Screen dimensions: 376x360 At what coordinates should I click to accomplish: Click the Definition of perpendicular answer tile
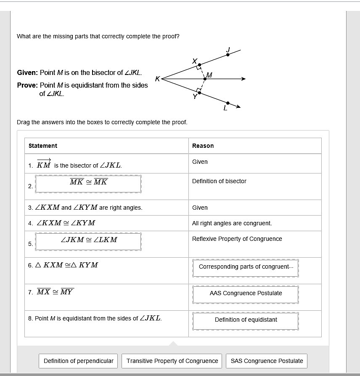pos(79,361)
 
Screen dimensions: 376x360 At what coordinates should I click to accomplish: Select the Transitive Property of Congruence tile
pos(172,361)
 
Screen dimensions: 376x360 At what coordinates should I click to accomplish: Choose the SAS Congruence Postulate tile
pos(267,361)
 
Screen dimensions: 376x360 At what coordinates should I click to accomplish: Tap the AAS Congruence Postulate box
pos(246,293)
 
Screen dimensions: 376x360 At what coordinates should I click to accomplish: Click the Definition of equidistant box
pos(246,320)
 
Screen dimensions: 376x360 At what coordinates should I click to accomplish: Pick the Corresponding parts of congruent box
pos(246,267)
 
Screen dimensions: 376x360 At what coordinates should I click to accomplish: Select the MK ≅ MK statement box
pos(88,183)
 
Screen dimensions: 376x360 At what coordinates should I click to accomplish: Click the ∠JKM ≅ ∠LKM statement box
pos(88,240)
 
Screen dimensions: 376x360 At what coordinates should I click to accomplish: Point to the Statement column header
pos(43,146)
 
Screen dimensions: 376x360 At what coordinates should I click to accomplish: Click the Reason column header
pos(203,146)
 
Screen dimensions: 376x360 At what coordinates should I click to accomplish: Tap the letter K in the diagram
pos(157,79)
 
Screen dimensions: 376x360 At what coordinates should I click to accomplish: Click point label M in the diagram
pos(209,75)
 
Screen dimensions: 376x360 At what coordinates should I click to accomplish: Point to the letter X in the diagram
pos(194,61)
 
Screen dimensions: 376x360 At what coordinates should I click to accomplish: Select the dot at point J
pos(228,54)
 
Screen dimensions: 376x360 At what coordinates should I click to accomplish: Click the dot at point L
pos(228,103)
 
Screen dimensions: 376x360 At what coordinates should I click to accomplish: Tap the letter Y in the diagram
pos(195,96)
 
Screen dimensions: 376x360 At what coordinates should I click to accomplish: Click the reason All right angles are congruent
pos(232,223)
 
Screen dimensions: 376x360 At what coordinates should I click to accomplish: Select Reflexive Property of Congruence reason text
pos(237,239)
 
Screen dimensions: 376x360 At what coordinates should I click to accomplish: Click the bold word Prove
pos(27,85)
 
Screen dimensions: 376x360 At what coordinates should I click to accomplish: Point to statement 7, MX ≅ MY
pos(55,292)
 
